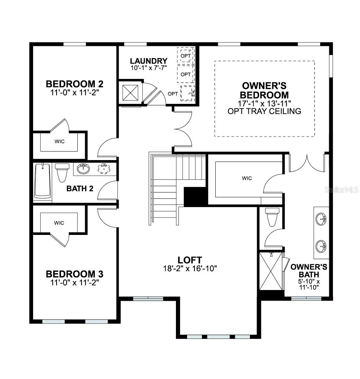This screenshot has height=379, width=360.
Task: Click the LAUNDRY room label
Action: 148,61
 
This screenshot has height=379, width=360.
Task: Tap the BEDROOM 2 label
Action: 74,83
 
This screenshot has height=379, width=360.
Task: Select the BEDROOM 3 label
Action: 74,274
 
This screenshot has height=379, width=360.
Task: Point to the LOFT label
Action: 190,260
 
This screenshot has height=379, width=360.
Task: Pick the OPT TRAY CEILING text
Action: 264,111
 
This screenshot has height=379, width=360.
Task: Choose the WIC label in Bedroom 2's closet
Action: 59,142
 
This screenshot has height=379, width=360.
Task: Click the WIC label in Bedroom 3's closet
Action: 59,223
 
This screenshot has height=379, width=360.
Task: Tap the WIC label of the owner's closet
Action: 247,178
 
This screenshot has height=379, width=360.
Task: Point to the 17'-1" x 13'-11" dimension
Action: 264,103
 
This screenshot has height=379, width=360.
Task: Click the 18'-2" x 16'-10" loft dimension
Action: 190,268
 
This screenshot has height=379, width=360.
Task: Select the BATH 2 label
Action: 80,188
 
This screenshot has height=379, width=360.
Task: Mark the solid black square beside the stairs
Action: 195,196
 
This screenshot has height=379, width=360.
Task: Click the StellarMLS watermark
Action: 341,190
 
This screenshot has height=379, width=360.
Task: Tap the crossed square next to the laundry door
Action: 131,93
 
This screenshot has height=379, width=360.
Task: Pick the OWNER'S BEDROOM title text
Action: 264,90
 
